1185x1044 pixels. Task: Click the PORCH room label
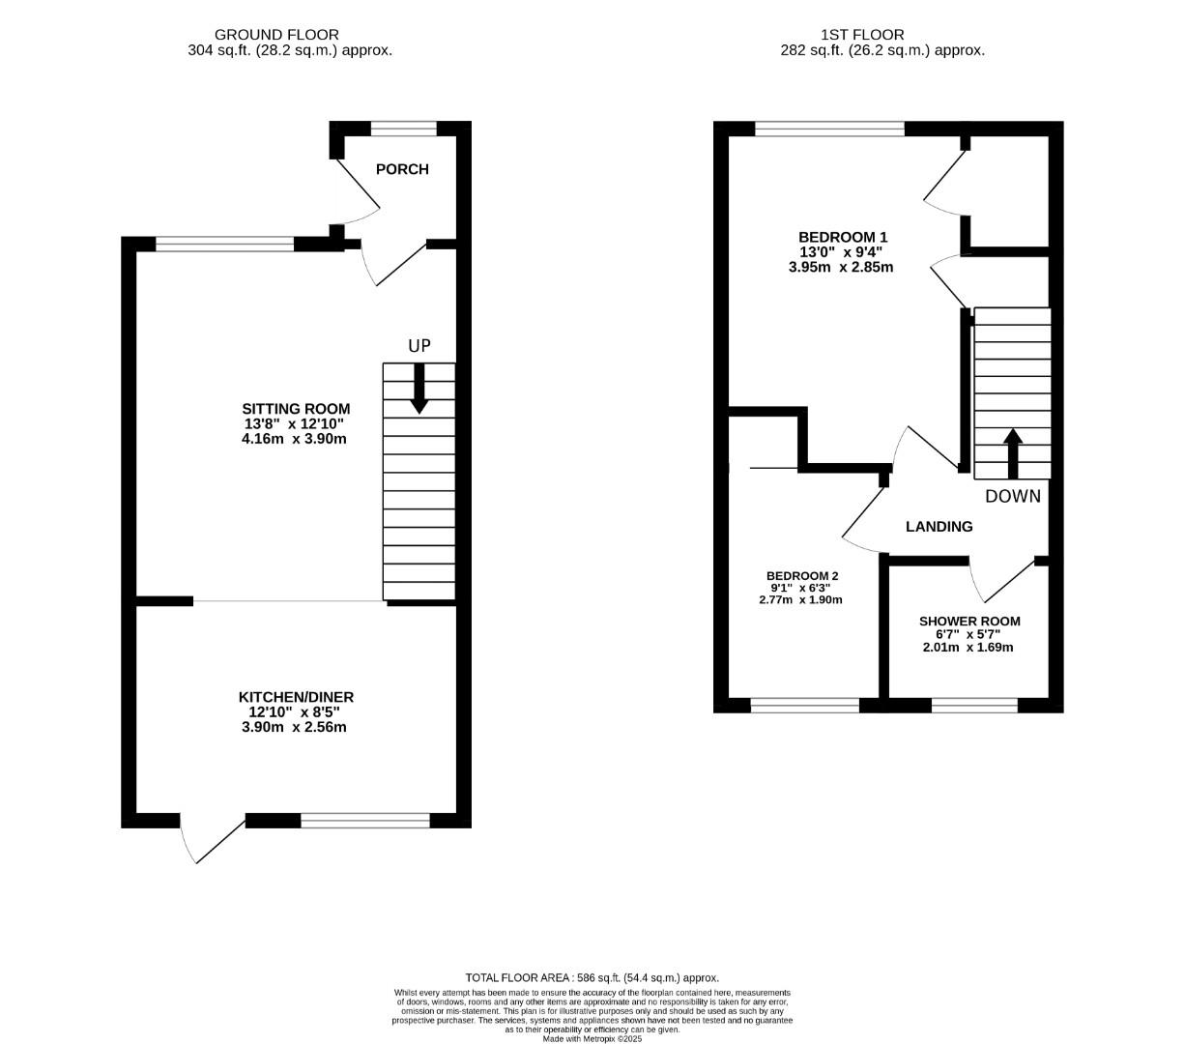(401, 169)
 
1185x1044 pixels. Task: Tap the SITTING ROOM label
(296, 409)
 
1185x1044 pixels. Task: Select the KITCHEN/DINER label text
(296, 697)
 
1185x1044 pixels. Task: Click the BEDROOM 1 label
(842, 237)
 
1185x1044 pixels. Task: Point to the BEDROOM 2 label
(802, 574)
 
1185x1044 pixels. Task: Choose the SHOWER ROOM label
(968, 622)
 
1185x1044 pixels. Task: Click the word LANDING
(939, 527)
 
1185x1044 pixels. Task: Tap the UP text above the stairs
(419, 346)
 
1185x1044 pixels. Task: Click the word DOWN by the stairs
(1013, 497)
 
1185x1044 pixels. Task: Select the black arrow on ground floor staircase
(419, 390)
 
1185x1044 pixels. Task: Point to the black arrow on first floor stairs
(1012, 453)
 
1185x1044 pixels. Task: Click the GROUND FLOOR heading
(276, 35)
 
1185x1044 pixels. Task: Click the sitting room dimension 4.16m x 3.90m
(294, 439)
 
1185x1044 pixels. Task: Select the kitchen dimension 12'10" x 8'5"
(294, 712)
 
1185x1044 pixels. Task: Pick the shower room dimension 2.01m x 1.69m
(968, 648)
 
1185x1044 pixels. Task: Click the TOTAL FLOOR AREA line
(592, 978)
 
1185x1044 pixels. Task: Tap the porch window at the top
(403, 129)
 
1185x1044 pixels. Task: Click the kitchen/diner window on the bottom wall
(364, 821)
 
